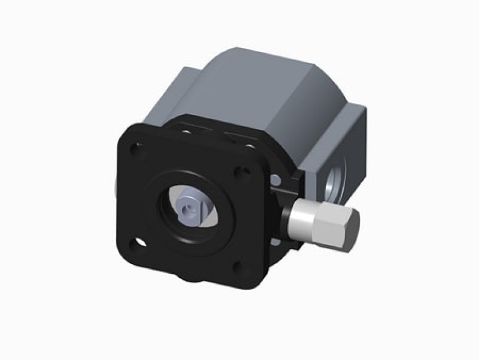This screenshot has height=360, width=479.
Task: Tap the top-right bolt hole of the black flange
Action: click(241, 173)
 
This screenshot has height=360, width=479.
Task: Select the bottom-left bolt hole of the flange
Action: click(139, 243)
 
